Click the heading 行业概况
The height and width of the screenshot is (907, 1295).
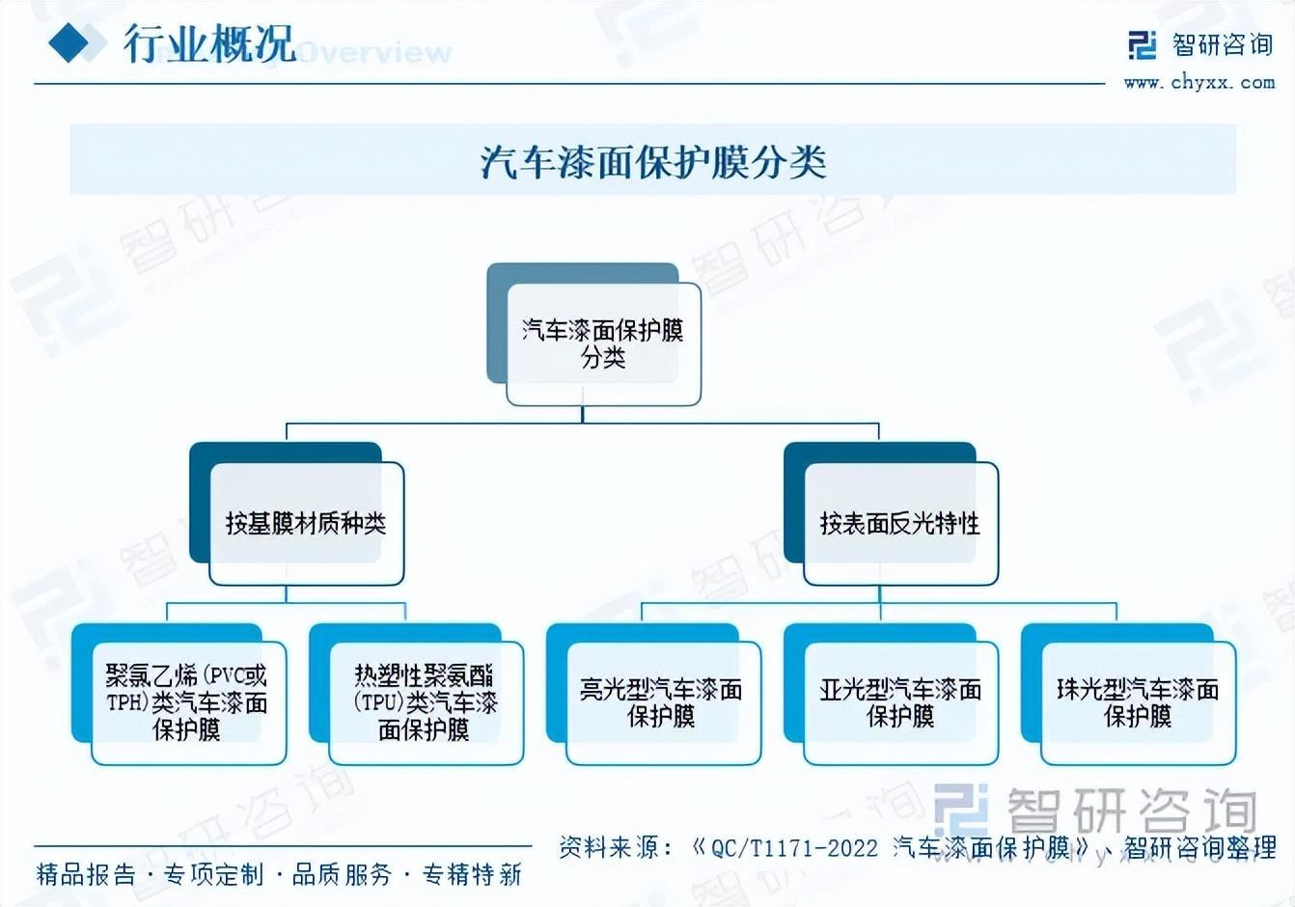point(208,43)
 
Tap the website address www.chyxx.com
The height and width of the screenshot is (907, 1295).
point(1199,83)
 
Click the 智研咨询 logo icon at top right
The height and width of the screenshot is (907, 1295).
point(1143,45)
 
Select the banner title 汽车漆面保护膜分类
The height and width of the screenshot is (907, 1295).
point(653,161)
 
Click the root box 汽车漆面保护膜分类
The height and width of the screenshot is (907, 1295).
point(603,344)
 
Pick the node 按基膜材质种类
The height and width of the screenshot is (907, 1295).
point(306,523)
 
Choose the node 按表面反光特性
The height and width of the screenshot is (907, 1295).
point(899,523)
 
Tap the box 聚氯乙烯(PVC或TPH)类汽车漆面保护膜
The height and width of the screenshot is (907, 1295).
point(187,702)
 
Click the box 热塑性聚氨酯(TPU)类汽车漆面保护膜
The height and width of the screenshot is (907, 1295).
point(425,702)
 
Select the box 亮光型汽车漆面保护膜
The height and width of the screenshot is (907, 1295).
point(662,702)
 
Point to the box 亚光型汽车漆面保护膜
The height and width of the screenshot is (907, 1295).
point(899,702)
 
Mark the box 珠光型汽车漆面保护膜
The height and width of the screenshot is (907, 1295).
point(1137,702)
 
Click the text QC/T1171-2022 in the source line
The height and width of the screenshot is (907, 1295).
point(794,848)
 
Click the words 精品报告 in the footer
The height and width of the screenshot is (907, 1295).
point(86,875)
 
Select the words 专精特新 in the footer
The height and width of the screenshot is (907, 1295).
point(472,875)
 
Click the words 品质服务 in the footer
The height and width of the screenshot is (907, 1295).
point(343,875)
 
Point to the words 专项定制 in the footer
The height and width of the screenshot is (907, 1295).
point(213,875)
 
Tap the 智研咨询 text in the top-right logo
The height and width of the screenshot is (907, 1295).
point(1222,44)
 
